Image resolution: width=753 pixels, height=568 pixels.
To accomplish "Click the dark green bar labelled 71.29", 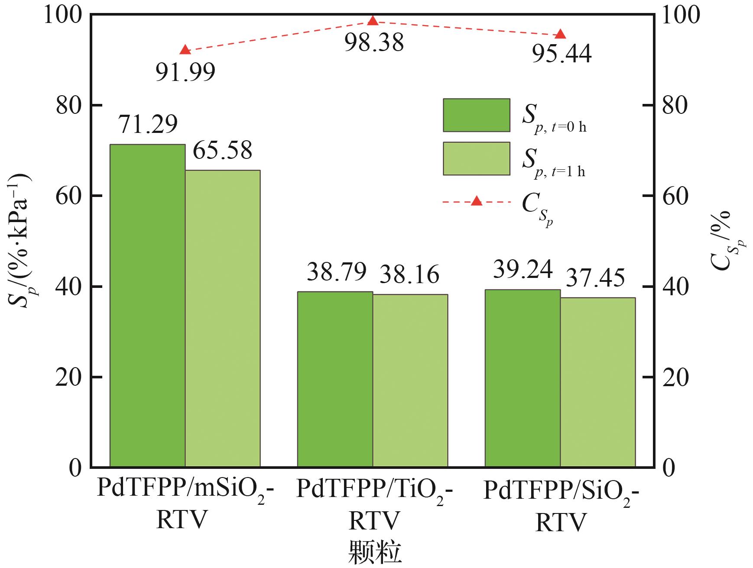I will pyautogui.click(x=147, y=306).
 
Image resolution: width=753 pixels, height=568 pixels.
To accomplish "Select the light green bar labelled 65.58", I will pyautogui.click(x=223, y=319).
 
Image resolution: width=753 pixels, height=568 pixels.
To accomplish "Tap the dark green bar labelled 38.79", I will pyautogui.click(x=335, y=379).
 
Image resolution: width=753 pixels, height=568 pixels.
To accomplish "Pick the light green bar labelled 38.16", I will pyautogui.click(x=410, y=381).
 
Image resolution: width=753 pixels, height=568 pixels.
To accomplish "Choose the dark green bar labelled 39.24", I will pyautogui.click(x=523, y=378).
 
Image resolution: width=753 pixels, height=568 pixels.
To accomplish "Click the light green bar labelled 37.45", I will pyautogui.click(x=598, y=382).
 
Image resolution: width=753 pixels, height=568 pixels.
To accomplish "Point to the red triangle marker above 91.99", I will pyautogui.click(x=185, y=49).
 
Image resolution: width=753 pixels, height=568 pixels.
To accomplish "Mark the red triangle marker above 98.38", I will pyautogui.click(x=373, y=20).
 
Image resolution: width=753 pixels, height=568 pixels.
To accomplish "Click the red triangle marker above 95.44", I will pyautogui.click(x=560, y=34).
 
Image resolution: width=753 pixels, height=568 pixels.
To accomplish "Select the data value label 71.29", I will pyautogui.click(x=148, y=124).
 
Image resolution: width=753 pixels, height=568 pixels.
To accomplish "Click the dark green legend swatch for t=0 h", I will pyautogui.click(x=476, y=115).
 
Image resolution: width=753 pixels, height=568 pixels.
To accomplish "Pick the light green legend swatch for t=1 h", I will pyautogui.click(x=476, y=158).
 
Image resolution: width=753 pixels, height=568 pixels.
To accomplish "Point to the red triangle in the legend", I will pyautogui.click(x=477, y=200).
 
